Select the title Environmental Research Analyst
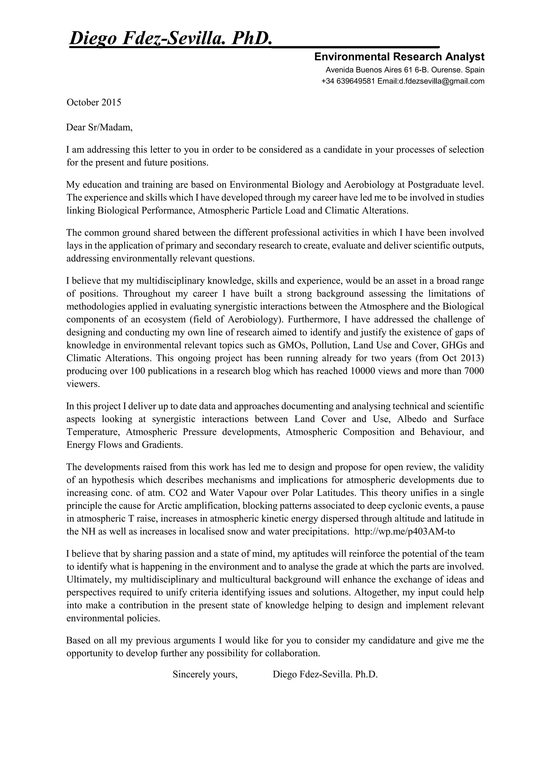(x=399, y=57)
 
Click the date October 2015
(x=94, y=102)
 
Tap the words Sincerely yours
(x=205, y=674)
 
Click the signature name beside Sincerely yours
(x=325, y=674)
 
